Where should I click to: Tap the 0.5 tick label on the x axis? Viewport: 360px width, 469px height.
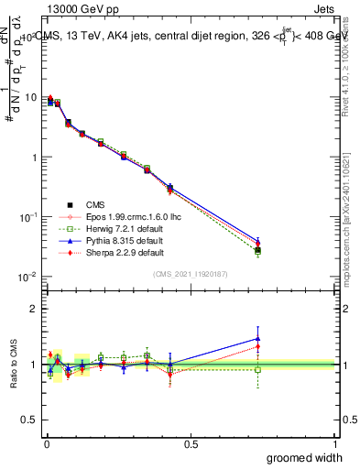pos(191,443)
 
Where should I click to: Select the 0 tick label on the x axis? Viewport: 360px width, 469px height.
pos(46,443)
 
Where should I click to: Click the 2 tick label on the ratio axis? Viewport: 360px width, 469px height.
pos(33,309)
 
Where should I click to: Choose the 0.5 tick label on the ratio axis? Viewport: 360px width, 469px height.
pos(29,393)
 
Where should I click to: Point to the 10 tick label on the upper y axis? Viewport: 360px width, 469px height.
pos(30,98)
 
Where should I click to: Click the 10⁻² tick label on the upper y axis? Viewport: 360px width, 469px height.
pos(27,277)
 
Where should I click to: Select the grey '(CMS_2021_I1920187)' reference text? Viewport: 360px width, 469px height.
pos(191,273)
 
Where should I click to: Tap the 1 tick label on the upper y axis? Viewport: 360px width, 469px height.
pos(33,158)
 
